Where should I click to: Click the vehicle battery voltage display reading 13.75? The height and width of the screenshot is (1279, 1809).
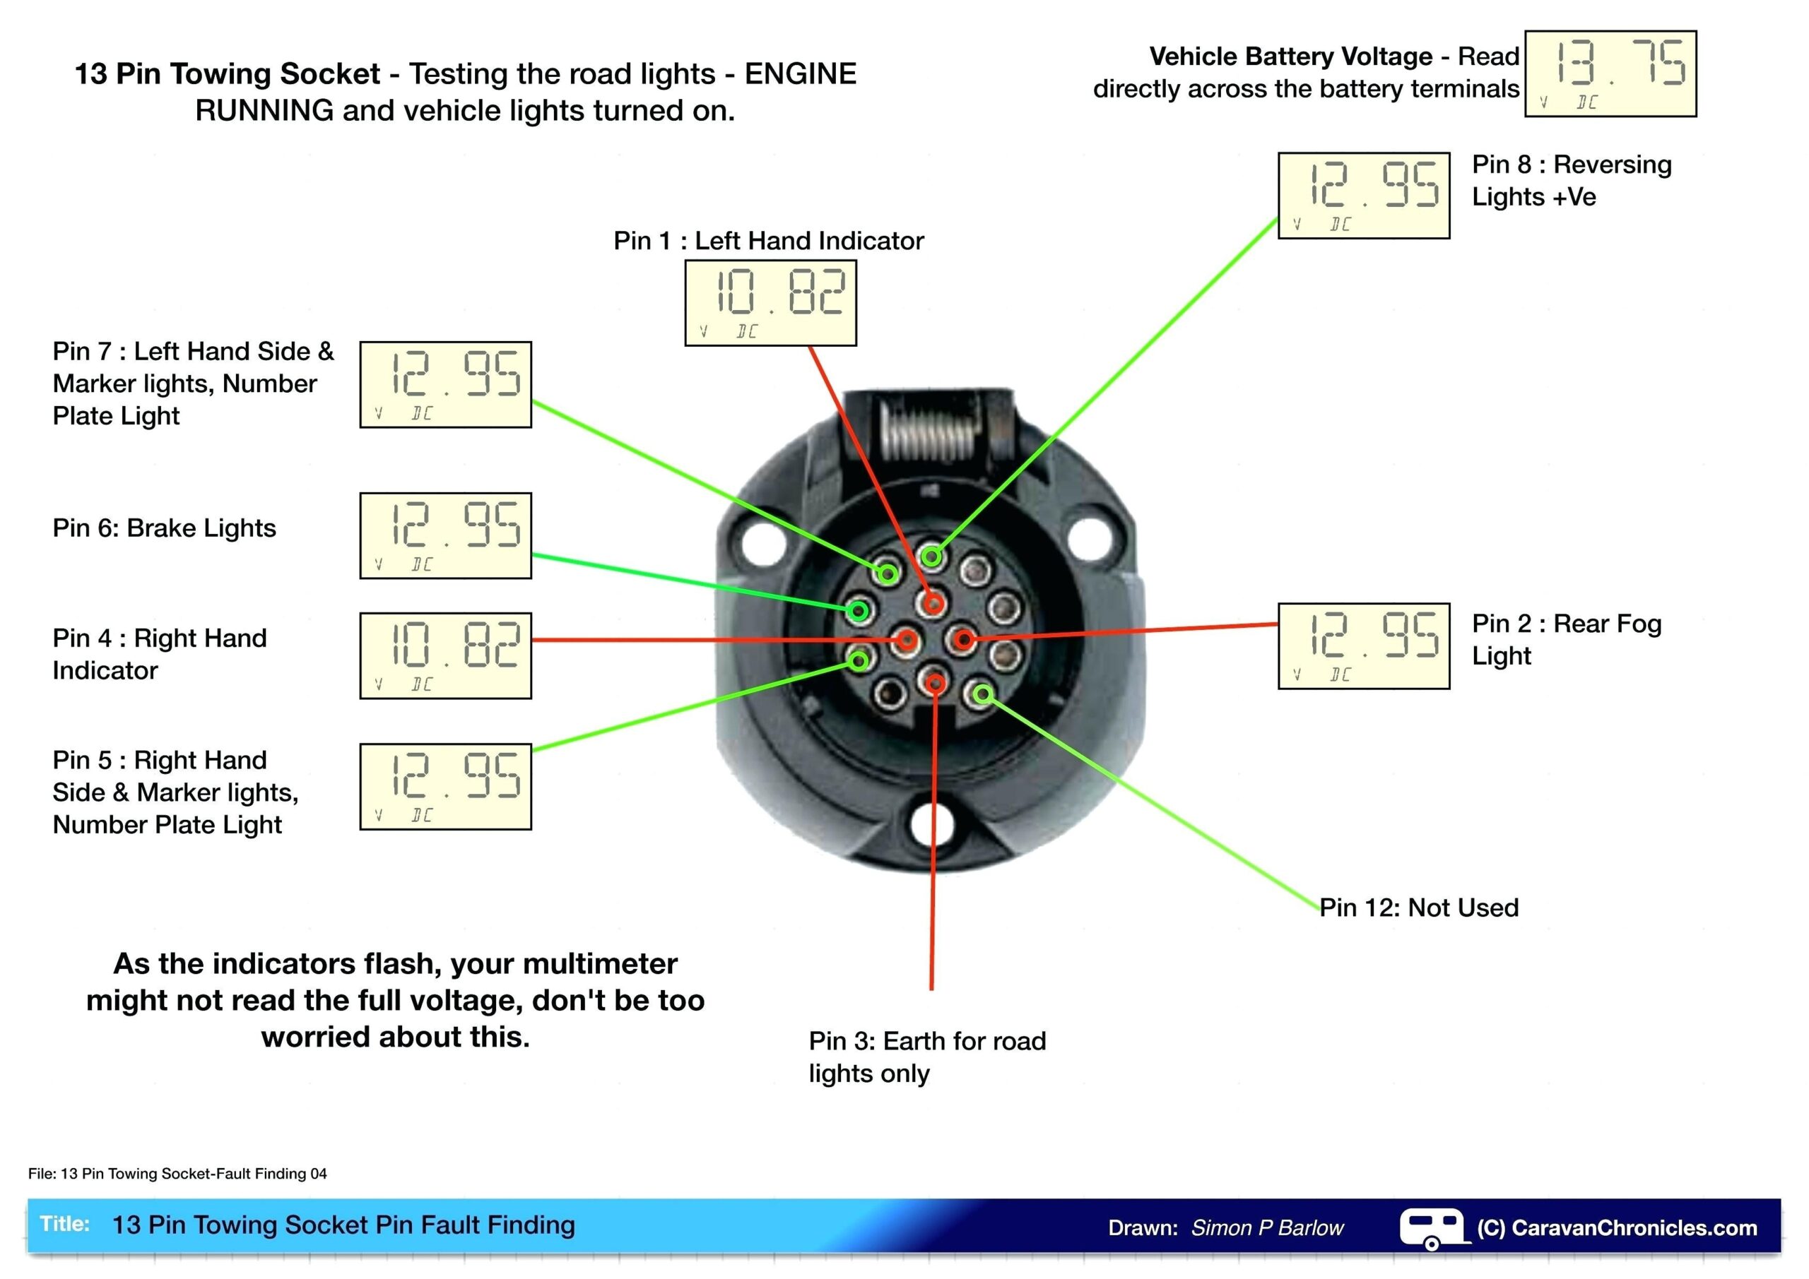tap(1610, 74)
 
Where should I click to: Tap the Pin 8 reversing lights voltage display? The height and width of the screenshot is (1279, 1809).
tap(1363, 196)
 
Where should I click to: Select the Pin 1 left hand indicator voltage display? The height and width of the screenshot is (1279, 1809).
tap(770, 303)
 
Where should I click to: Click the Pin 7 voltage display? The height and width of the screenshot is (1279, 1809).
tap(445, 385)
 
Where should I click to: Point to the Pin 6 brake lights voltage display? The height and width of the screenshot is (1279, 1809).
tap(445, 535)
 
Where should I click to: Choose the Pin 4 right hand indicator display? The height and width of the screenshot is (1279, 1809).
tap(445, 656)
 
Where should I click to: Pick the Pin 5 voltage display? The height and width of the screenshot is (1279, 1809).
tap(445, 787)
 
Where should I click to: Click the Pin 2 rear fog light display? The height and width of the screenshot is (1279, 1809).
tap(1363, 647)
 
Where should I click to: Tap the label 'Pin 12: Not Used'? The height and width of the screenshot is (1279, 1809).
tap(1419, 908)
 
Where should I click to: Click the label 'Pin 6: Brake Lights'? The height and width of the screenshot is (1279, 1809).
tap(164, 528)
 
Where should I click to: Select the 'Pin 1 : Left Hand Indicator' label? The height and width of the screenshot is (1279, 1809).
tap(768, 240)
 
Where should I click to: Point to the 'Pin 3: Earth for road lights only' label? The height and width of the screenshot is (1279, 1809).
tap(926, 1057)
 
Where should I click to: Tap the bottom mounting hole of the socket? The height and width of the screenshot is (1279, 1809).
tap(931, 823)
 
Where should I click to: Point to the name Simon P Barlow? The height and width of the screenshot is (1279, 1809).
tap(1267, 1228)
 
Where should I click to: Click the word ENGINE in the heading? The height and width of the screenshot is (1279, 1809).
tap(801, 74)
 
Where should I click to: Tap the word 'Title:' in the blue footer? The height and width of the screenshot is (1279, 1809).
tap(64, 1224)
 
